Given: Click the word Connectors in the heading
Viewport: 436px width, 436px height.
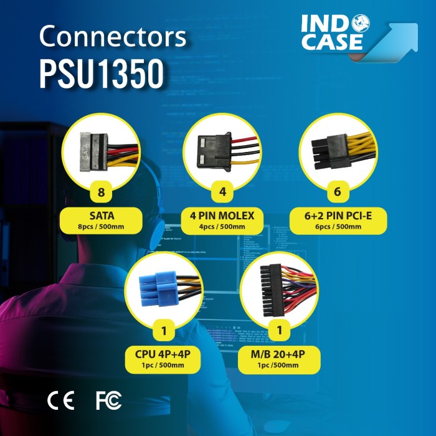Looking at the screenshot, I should (x=113, y=37).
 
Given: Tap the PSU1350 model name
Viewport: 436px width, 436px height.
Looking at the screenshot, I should (x=102, y=73).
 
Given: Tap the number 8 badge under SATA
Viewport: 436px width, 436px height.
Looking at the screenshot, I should (x=102, y=192).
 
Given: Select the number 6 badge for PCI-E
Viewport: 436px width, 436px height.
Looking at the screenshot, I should (x=338, y=192).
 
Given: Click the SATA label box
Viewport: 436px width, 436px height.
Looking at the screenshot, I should (x=102, y=221).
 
